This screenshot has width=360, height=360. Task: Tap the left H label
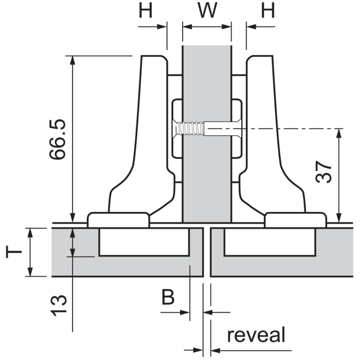click(x=146, y=11)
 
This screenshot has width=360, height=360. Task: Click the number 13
click(x=60, y=304)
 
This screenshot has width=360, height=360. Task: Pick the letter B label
click(x=168, y=297)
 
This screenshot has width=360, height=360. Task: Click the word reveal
click(x=256, y=335)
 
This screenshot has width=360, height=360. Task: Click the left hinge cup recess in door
click(x=144, y=242)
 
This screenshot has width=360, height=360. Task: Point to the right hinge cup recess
click(x=268, y=242)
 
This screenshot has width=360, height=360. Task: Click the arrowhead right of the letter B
click(x=186, y=312)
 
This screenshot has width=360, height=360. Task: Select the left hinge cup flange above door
click(x=119, y=220)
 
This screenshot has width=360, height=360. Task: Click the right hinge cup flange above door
click(x=295, y=220)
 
